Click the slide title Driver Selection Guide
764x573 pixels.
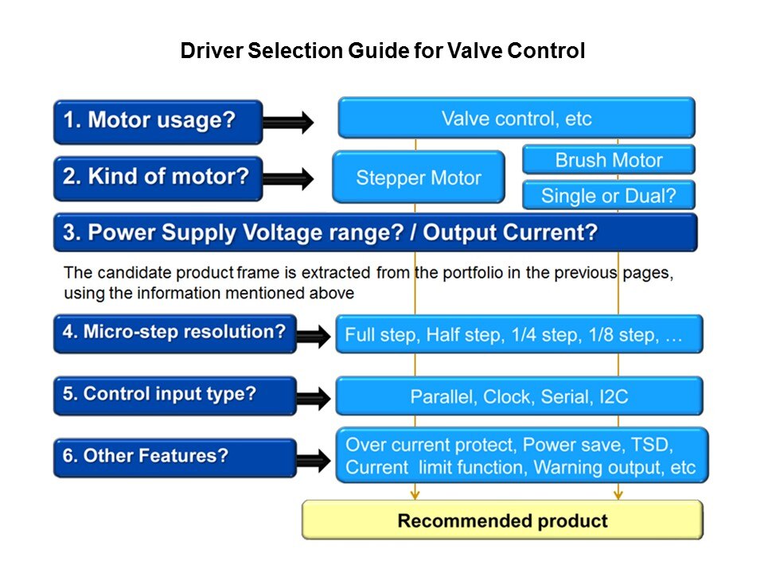point(382,53)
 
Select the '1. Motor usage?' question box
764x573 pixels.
point(158,121)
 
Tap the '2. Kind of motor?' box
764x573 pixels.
point(158,177)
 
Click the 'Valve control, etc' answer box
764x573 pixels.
point(516,119)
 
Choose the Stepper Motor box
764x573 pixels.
point(418,177)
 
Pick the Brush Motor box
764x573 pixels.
point(608,160)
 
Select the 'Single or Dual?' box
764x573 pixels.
point(608,196)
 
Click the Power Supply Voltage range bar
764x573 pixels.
point(375,232)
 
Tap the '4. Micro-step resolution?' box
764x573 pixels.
point(174,333)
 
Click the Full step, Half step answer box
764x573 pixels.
point(520,334)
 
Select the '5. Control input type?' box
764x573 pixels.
point(174,395)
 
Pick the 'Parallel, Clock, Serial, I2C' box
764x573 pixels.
point(519,396)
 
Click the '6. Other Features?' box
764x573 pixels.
point(174,458)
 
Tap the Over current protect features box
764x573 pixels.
point(521,456)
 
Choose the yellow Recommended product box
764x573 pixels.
point(502,521)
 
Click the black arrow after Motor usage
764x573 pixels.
point(288,122)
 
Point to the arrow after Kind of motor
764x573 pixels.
point(288,179)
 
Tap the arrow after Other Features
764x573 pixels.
point(313,459)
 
